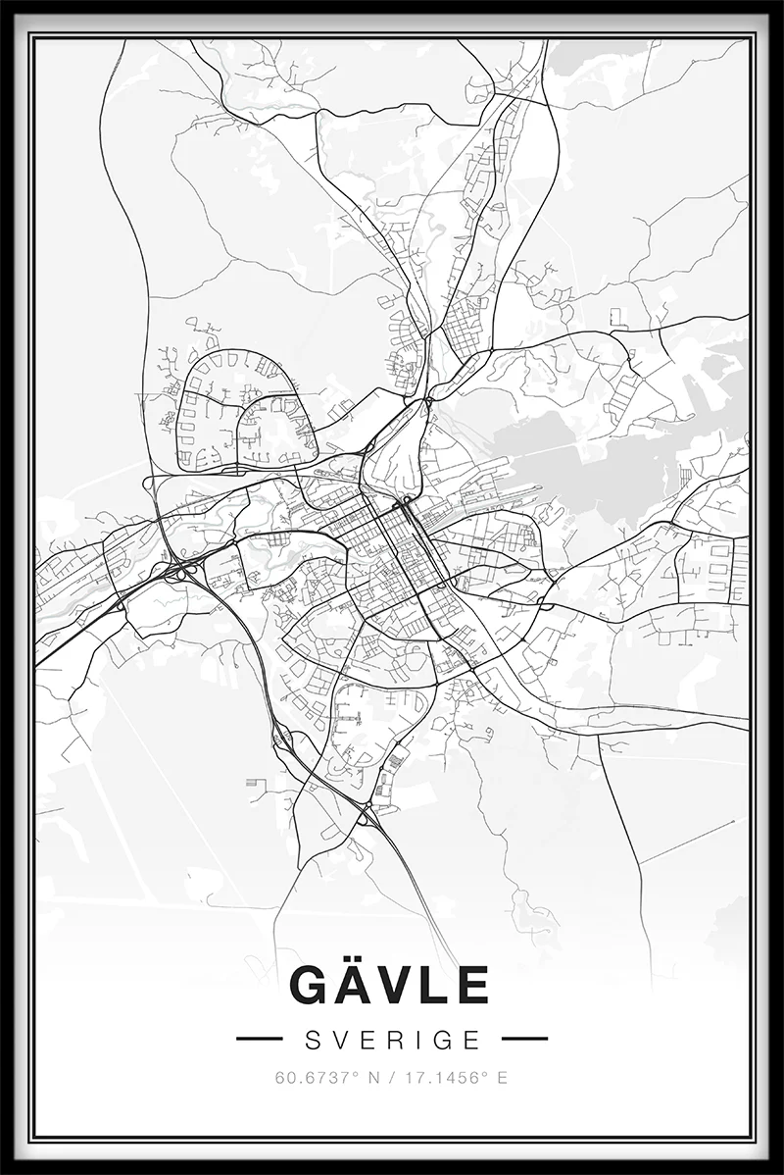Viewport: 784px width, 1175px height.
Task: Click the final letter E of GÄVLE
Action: click(x=470, y=985)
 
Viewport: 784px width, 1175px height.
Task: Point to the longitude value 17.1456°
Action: click(x=448, y=1078)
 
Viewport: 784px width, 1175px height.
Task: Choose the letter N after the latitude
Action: click(x=371, y=1078)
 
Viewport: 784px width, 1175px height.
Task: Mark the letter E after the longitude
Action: click(x=503, y=1078)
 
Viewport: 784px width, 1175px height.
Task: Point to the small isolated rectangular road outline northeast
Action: click(x=617, y=317)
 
